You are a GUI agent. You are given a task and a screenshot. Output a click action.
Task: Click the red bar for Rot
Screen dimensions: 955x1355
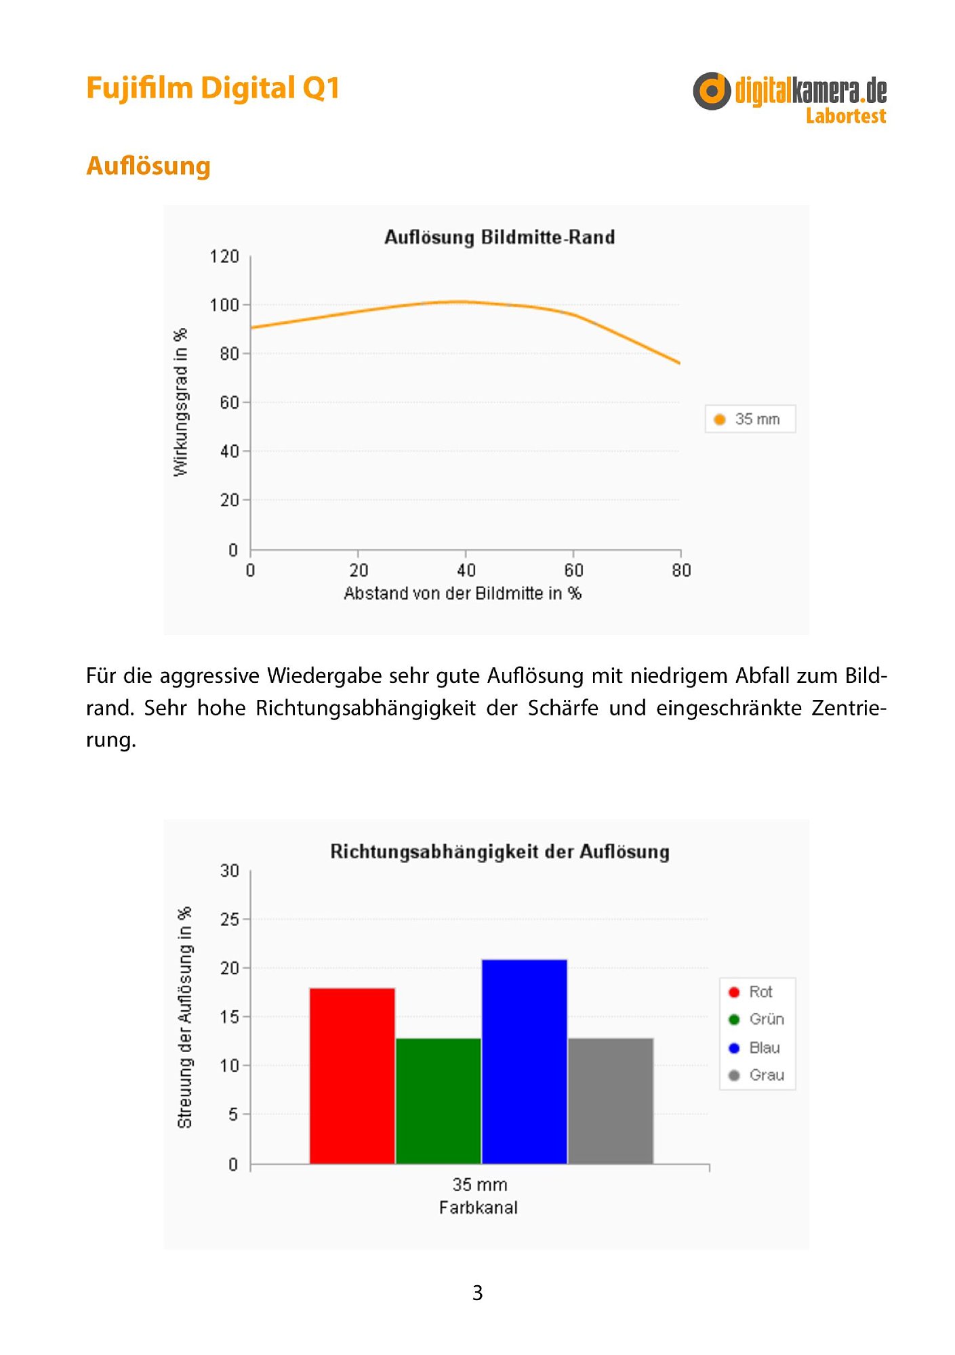pyautogui.click(x=352, y=1076)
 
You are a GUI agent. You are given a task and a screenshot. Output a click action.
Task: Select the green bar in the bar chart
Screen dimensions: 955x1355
pyautogui.click(x=438, y=1101)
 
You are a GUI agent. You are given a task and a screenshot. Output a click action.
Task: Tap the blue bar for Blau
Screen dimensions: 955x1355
pyautogui.click(x=524, y=1062)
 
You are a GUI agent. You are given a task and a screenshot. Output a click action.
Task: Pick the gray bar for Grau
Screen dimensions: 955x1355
pyautogui.click(x=611, y=1101)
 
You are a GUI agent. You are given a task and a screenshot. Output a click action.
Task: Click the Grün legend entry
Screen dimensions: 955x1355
pyautogui.click(x=756, y=1019)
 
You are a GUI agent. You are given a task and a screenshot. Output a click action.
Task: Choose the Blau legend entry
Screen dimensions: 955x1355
pyautogui.click(x=754, y=1047)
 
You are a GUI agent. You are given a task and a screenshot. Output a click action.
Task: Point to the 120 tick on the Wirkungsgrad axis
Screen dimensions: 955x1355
pyautogui.click(x=224, y=256)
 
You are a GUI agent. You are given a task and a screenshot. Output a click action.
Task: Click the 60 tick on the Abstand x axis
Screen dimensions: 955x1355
pyautogui.click(x=573, y=570)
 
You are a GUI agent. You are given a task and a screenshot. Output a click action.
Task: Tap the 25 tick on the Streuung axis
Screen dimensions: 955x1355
pyautogui.click(x=230, y=919)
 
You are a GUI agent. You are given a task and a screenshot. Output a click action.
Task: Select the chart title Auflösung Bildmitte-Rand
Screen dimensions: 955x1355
pyautogui.click(x=500, y=237)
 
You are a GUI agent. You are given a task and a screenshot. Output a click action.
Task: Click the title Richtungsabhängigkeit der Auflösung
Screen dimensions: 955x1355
pyautogui.click(x=500, y=852)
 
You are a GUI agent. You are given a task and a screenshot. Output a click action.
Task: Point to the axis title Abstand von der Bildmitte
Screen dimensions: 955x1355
pyautogui.click(x=462, y=593)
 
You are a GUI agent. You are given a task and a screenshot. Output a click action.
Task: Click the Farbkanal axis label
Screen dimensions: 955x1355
pyautogui.click(x=478, y=1207)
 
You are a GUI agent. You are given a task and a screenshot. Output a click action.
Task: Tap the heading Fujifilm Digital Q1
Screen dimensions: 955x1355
pyautogui.click(x=213, y=89)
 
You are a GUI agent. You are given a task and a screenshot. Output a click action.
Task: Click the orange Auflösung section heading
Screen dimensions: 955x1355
pyautogui.click(x=148, y=166)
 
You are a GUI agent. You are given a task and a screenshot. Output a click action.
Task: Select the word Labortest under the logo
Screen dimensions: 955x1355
pyautogui.click(x=846, y=116)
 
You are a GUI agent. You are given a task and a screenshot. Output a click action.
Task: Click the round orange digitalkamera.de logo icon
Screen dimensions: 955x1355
pyautogui.click(x=712, y=91)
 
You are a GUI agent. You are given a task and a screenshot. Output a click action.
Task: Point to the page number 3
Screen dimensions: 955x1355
pyautogui.click(x=477, y=1293)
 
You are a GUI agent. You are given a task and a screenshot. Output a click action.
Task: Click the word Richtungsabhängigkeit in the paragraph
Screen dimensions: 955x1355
pyautogui.click(x=366, y=709)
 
